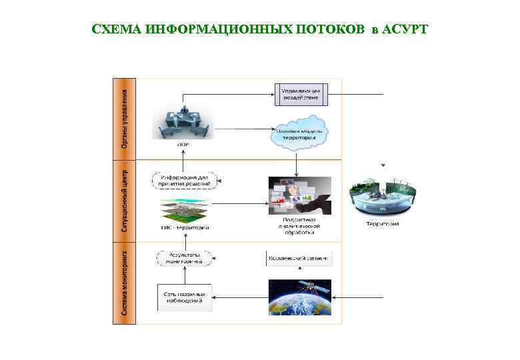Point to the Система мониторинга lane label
tap(124, 283)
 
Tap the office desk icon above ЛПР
tap(183, 118)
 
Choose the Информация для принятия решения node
tap(185, 179)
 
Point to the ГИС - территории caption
tap(185, 227)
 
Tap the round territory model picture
tap(382, 196)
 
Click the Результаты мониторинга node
tap(184, 258)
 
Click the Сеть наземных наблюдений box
tap(184, 298)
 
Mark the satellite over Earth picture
tap(299, 297)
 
